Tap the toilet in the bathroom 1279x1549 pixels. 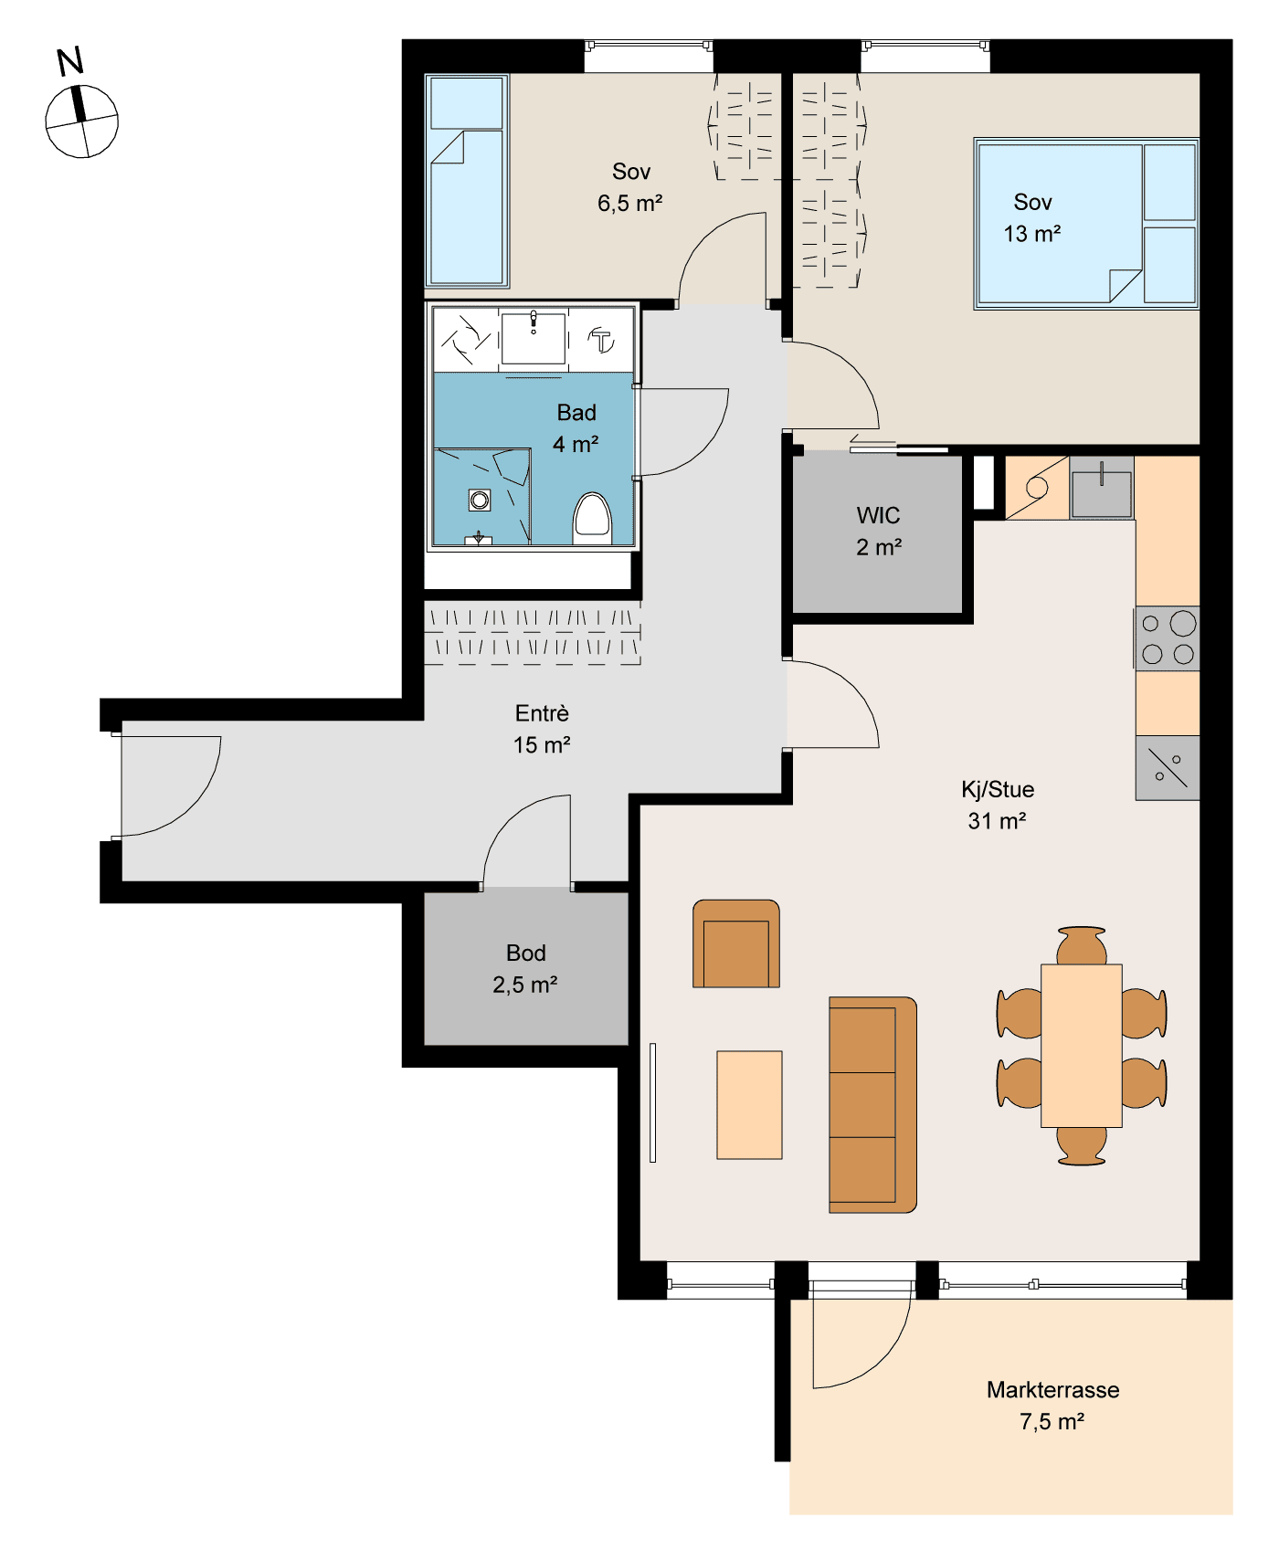pos(592,519)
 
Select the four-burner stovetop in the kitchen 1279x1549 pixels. pos(1167,638)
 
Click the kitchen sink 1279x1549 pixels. pos(1102,489)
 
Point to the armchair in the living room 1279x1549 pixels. pos(736,943)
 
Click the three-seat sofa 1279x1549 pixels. pos(872,1104)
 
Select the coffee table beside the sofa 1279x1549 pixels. pos(749,1105)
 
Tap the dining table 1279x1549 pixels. pos(1082,1046)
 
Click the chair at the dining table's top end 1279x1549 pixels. pos(1082,946)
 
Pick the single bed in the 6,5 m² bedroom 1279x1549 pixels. pos(467,181)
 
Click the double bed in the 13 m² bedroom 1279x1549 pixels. pos(1086,224)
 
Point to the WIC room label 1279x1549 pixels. pos(879,515)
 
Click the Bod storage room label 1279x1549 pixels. pos(526,953)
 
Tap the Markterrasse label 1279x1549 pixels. pos(1053,1389)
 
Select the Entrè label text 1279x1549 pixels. pos(543,712)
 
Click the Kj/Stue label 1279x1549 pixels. pos(998,789)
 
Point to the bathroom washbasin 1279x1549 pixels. pos(534,337)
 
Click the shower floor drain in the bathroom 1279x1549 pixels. pos(480,500)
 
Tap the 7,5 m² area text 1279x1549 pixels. pos(1052,1421)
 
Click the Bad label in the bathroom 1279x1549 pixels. pos(576,412)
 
